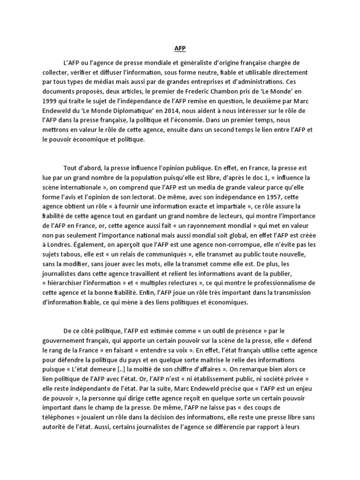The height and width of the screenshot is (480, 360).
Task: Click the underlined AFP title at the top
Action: click(x=180, y=48)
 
